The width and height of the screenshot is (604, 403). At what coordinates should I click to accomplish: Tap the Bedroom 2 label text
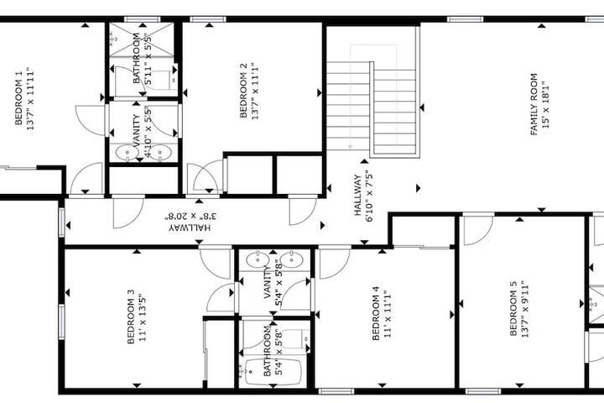[x=243, y=90]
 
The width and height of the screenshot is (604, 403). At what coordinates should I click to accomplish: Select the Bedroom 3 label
[x=131, y=317]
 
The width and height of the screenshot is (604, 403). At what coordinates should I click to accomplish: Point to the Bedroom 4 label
[x=376, y=313]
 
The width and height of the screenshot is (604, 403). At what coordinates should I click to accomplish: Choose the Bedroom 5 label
[x=513, y=308]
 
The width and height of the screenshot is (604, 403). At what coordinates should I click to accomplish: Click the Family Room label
[x=534, y=104]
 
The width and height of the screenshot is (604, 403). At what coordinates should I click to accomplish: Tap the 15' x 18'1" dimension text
[x=545, y=104]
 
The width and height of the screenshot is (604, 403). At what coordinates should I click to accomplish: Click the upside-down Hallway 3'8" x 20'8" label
[x=190, y=222]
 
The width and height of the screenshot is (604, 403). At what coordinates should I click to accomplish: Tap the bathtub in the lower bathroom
[x=273, y=372]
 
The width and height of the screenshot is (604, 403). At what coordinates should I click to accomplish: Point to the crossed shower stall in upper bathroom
[x=142, y=39]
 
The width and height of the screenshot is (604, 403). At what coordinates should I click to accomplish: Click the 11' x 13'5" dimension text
[x=142, y=317]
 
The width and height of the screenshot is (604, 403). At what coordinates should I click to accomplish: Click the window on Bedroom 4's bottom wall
[x=336, y=391]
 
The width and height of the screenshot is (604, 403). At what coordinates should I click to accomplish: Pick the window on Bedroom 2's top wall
[x=208, y=19]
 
